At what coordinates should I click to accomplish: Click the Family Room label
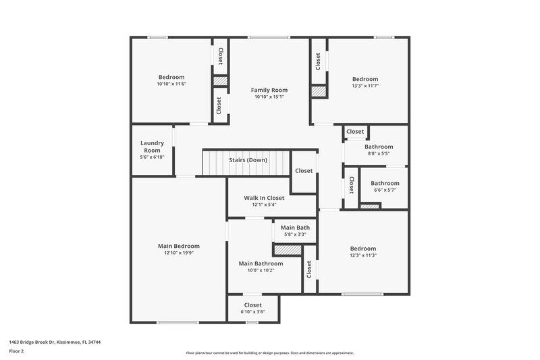[x=269, y=90]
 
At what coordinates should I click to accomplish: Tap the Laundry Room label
[x=153, y=146]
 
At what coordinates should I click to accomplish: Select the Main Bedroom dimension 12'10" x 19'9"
[x=178, y=253]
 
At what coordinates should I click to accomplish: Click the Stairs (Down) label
[x=248, y=160]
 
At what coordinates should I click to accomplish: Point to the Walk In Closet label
[x=264, y=198]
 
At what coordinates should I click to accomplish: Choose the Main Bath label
[x=295, y=228]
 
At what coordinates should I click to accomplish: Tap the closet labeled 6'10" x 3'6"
[x=252, y=312]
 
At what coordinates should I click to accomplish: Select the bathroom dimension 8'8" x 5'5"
[x=379, y=154]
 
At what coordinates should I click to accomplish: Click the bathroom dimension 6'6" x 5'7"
[x=385, y=190]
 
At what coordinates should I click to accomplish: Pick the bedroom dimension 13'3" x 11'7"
[x=365, y=86]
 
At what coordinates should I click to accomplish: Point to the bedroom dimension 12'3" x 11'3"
[x=362, y=255]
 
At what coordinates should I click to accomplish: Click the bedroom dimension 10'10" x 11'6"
[x=171, y=84]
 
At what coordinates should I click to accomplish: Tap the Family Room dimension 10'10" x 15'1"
[x=269, y=97]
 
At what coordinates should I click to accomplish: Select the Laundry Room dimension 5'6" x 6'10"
[x=153, y=157]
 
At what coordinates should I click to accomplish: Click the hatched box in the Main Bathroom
[x=288, y=250]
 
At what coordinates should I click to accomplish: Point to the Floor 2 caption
[x=17, y=351]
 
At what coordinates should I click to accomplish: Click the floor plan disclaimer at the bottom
[x=269, y=353]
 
